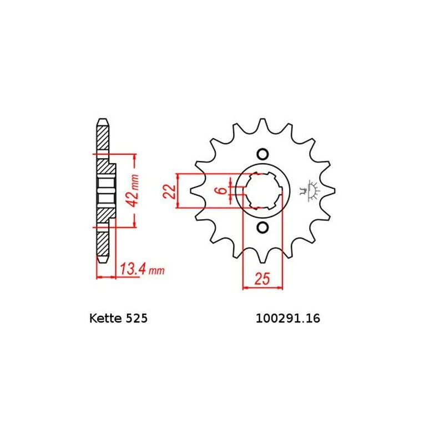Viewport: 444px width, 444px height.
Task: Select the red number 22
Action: coord(169,191)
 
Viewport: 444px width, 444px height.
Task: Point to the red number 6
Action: coord(223,190)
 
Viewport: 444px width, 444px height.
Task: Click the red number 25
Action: coord(262,279)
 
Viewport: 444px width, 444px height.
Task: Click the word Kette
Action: coord(105,318)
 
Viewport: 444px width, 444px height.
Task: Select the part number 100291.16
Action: coord(288,318)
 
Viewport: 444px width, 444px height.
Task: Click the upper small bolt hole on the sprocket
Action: coord(263,154)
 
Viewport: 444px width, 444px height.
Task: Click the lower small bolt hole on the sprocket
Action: coord(263,228)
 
